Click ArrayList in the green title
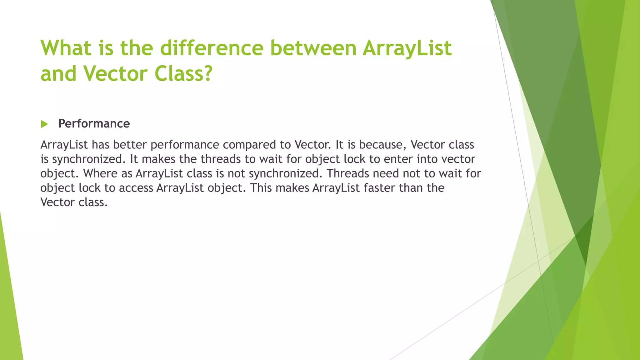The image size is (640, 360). [x=407, y=48]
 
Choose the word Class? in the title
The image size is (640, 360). [x=183, y=74]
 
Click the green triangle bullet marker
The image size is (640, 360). [x=44, y=124]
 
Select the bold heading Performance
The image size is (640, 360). [x=94, y=124]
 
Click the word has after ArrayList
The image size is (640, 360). [x=100, y=145]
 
